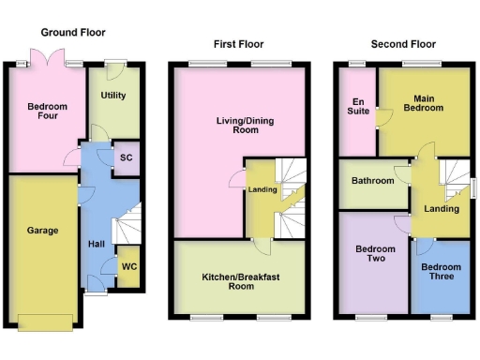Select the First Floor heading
(x=238, y=44)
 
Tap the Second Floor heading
(x=403, y=44)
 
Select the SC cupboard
(x=126, y=158)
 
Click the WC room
(x=128, y=265)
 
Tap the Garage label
(x=42, y=230)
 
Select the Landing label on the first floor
(x=262, y=190)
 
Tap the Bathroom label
(x=372, y=181)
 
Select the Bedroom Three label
(x=440, y=273)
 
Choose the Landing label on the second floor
(x=441, y=208)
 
